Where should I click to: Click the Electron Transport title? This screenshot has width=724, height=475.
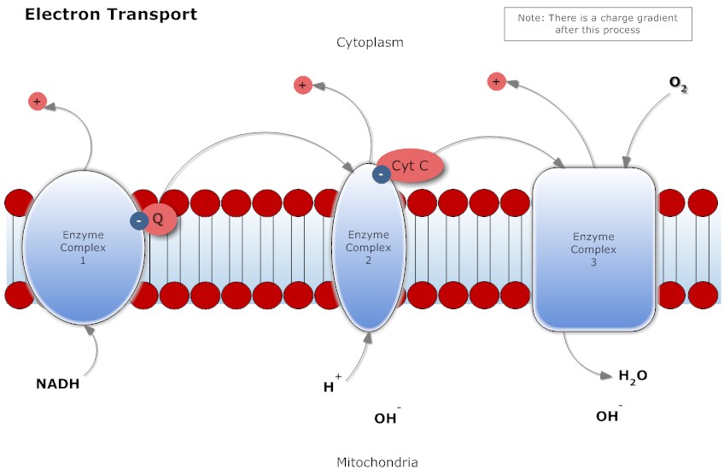111,15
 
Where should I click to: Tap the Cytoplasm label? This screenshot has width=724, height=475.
370,42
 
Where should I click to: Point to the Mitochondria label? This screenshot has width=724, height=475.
377,462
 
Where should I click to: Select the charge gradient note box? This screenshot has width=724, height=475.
598,24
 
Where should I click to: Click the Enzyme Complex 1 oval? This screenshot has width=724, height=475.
83,247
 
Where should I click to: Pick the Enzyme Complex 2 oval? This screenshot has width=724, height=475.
368,247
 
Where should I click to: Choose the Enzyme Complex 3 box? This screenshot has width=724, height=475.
593,249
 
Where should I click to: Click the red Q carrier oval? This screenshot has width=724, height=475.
161,220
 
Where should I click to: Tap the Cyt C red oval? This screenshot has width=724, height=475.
411,166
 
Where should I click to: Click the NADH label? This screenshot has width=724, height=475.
57,384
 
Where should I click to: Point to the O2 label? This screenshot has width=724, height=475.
678,83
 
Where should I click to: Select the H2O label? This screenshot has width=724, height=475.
633,375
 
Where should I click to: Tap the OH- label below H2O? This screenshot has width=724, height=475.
608,416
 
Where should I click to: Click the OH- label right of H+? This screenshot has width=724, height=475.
387,418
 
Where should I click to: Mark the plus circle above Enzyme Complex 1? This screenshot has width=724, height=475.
37,102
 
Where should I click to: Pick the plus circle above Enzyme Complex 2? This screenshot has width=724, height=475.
302,85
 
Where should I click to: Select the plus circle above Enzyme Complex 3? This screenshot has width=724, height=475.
495,82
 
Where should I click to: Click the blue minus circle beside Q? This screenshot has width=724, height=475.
138,220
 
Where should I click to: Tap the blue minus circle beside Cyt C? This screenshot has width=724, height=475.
382,174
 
